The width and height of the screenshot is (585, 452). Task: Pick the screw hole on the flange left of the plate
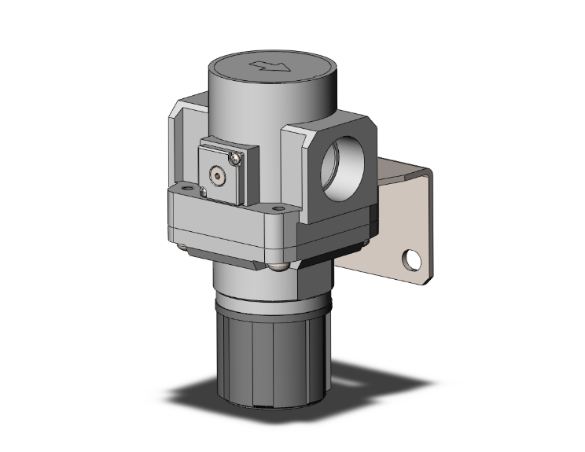click(x=184, y=189)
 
